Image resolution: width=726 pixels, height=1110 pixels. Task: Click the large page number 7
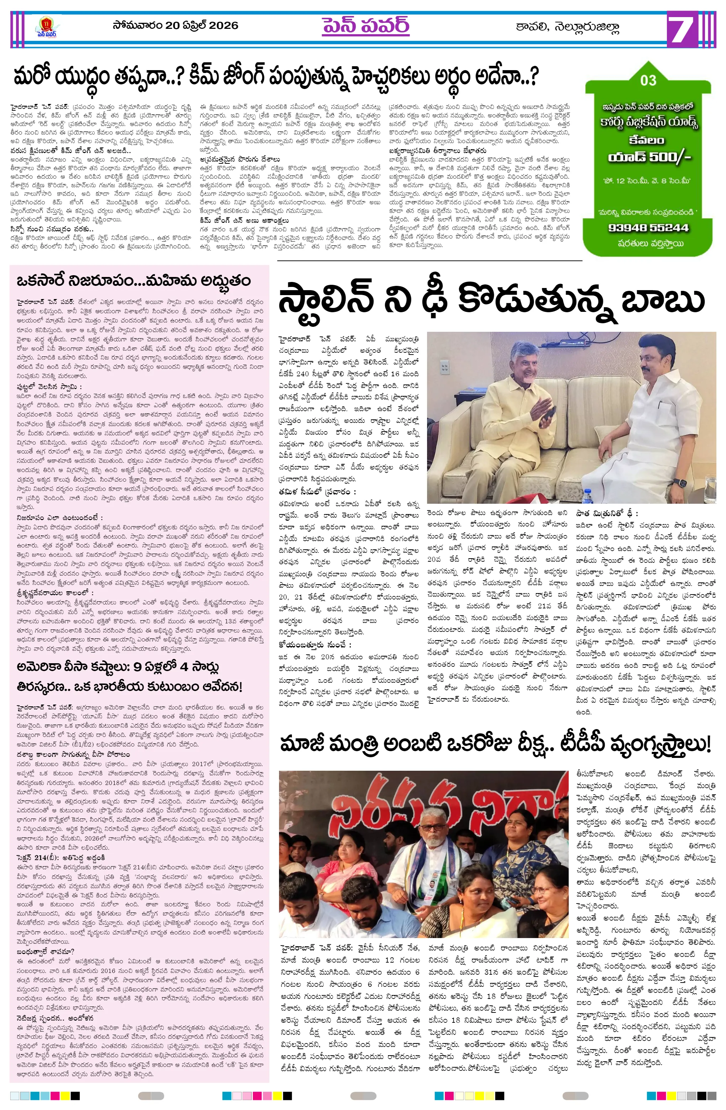click(x=684, y=30)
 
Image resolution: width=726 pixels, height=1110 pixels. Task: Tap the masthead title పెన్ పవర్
click(x=365, y=26)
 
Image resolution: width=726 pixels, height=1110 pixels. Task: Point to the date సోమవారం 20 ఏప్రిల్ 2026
click(x=175, y=25)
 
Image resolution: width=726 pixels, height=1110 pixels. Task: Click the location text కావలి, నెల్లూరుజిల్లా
click(x=567, y=27)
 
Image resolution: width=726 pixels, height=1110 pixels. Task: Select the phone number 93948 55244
click(x=648, y=227)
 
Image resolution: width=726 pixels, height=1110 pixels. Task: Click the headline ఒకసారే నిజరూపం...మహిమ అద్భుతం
click(x=133, y=281)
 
